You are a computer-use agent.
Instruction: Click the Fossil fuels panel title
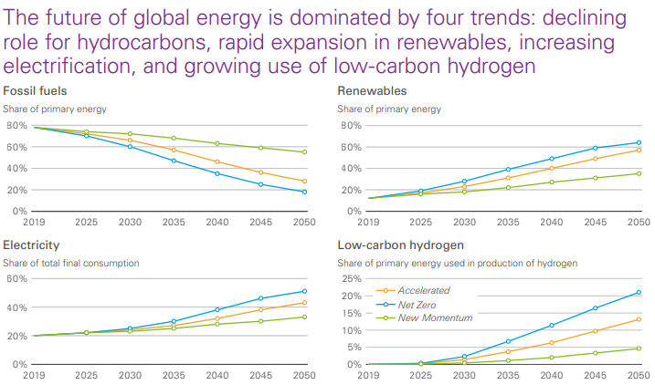35,90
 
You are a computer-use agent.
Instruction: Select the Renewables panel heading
372,90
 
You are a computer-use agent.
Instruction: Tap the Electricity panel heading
31,245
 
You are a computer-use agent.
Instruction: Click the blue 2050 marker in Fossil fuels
304,192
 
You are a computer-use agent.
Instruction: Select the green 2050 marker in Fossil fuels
304,151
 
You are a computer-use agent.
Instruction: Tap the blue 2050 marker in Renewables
639,142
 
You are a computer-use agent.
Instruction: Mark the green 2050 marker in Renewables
639,173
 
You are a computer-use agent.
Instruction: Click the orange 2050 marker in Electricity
304,303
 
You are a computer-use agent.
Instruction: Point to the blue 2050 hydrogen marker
639,293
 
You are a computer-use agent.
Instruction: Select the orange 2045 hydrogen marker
596,331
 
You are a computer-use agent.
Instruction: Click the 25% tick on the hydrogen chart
350,278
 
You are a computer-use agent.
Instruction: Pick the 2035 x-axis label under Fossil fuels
174,222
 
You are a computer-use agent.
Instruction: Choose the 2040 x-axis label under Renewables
550,222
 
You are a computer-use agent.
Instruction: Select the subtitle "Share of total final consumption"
71,263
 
